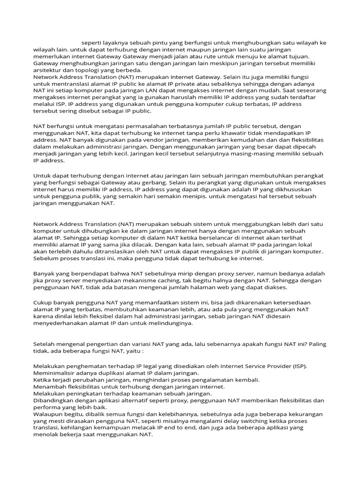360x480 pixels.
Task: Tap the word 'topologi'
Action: [82, 70]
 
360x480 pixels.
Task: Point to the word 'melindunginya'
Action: [171, 323]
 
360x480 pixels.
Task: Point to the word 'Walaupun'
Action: [48, 414]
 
